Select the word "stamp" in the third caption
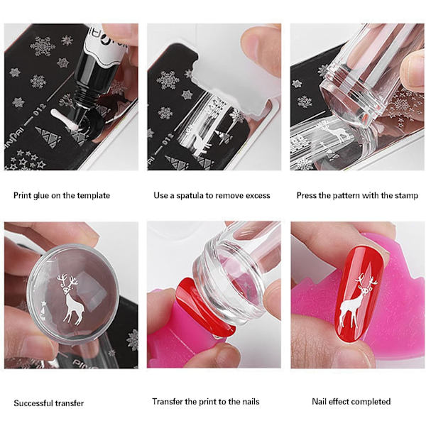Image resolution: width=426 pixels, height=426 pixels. tap(407, 196)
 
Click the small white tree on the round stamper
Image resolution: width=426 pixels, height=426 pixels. tap(43, 310)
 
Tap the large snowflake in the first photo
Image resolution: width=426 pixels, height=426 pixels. tap(42, 46)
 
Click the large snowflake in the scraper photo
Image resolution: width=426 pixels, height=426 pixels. tap(168, 80)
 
